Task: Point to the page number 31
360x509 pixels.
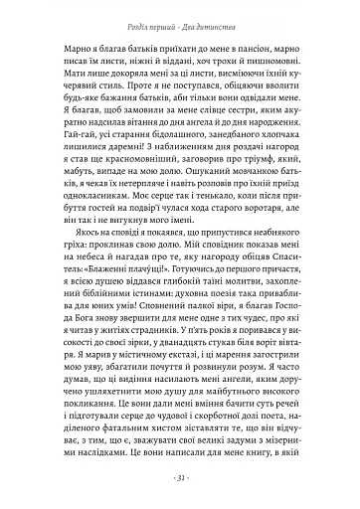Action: (180, 475)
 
